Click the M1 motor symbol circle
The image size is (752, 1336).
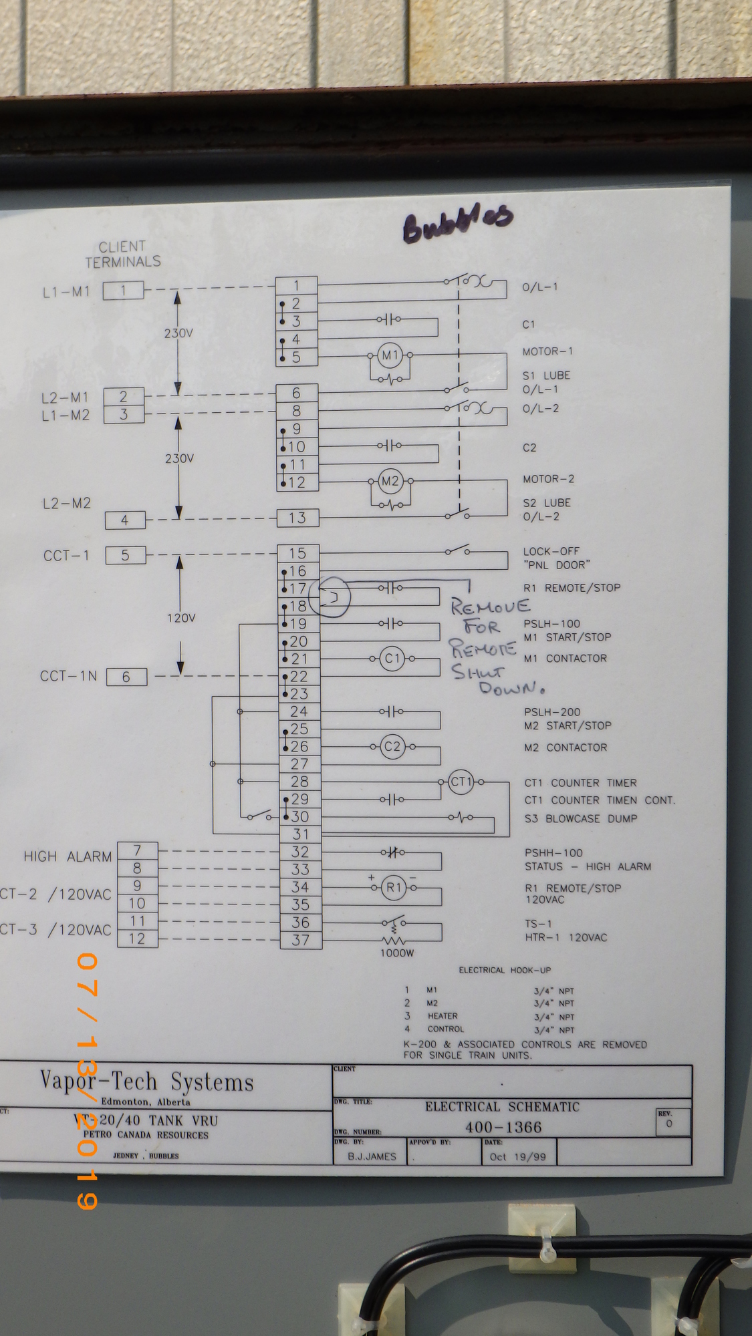click(x=390, y=355)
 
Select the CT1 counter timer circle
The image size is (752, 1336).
click(x=461, y=782)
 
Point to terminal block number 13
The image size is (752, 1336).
click(x=297, y=518)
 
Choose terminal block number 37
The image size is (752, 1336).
click(x=300, y=940)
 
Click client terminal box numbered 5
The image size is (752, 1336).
click(x=125, y=555)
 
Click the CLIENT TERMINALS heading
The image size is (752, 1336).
click(x=123, y=255)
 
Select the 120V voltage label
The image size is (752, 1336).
click(x=181, y=618)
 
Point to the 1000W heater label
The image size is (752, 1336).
click(x=397, y=953)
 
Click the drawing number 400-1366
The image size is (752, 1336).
click(x=503, y=1128)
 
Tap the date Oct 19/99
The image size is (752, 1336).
click(x=517, y=1157)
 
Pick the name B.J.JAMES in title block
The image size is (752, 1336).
click(x=372, y=1157)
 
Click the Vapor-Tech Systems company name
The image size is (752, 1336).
click(x=147, y=1081)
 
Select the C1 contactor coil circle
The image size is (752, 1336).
click(x=392, y=659)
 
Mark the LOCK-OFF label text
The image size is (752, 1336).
click(x=551, y=552)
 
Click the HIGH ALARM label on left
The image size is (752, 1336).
click(x=68, y=856)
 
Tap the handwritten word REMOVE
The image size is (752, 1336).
click(x=491, y=607)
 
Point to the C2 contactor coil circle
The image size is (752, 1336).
click(x=392, y=746)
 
